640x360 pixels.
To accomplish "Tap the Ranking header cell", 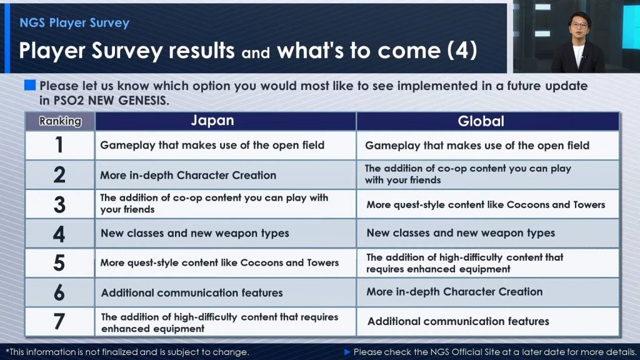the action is coord(60,121).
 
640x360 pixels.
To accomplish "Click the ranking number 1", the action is coord(59,145).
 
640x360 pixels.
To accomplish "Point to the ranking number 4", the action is coord(59,234).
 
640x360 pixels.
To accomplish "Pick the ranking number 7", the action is coord(59,322).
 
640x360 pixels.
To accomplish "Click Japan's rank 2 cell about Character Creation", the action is coord(225,175).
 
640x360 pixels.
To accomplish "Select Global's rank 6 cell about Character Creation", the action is coord(487,292).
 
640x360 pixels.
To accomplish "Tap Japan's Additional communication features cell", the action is coord(225,292).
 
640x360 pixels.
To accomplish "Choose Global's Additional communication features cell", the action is coord(487,322).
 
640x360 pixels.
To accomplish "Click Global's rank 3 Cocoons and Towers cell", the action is coord(487,204).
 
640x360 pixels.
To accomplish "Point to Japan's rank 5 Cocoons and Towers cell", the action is coord(225,263).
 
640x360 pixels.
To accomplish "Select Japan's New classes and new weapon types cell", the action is coord(225,234).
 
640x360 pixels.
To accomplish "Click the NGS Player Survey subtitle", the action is coord(74,23).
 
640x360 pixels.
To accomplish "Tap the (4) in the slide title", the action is coord(462,51).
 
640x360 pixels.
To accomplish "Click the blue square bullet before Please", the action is coord(30,85).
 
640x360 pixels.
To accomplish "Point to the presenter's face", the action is coord(579,26).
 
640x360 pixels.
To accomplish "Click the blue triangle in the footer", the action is coord(347,352).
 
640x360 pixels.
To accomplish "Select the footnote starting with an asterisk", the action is coord(127,352).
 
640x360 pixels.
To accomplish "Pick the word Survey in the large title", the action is coord(127,51).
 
